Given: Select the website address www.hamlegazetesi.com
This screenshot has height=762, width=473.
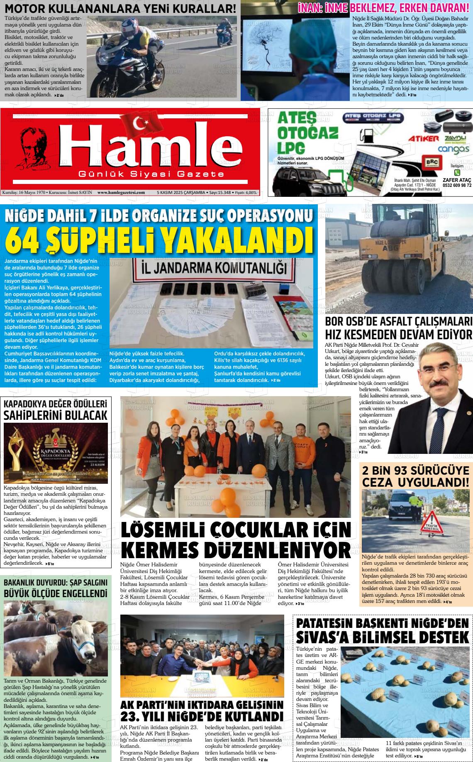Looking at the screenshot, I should [121, 192].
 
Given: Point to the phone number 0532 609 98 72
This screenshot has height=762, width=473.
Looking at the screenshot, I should [457, 185].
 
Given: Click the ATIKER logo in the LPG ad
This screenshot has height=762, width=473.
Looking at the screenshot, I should [423, 138].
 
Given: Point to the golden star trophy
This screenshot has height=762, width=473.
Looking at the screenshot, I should [17, 448].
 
